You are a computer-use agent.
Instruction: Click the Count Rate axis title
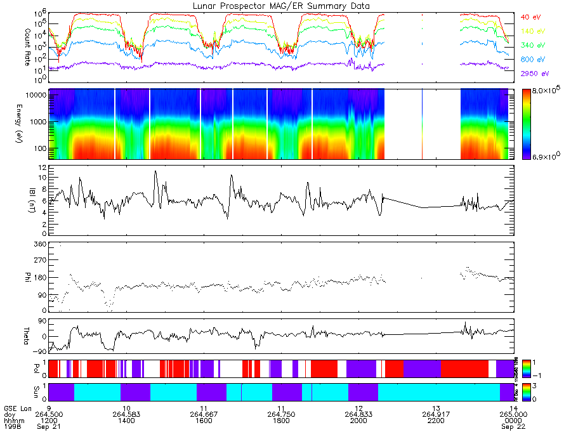[27, 41]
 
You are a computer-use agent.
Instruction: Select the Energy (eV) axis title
[27, 124]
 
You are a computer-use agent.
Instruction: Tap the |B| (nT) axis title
[27, 200]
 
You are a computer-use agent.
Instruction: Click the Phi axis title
[27, 277]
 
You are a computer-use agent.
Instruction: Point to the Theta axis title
[27, 336]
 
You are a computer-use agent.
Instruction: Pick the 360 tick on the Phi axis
[40, 245]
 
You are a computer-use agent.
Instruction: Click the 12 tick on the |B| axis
[42, 167]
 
